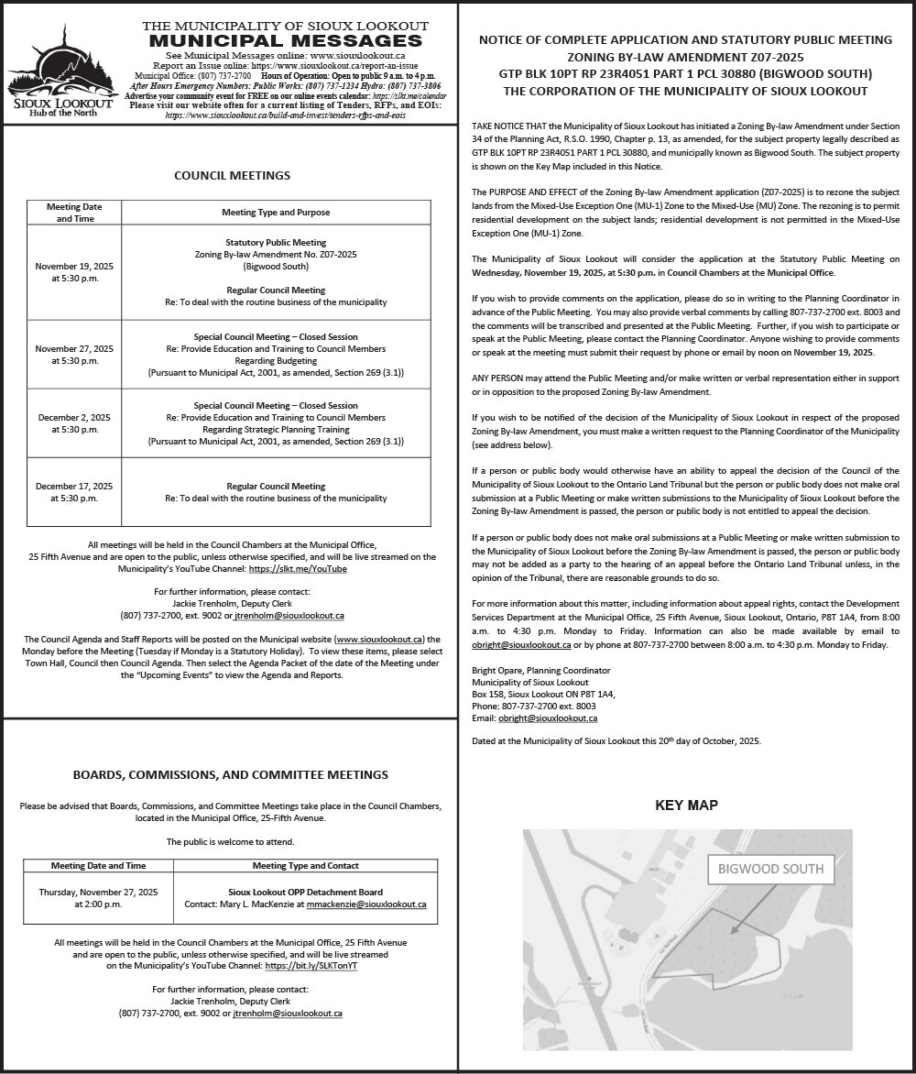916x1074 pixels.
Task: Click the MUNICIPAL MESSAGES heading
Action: click(285, 41)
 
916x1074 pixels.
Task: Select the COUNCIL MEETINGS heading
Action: click(232, 175)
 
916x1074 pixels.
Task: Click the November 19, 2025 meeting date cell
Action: click(75, 272)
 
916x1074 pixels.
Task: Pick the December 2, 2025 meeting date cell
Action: click(75, 423)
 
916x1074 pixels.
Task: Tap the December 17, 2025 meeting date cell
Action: click(75, 492)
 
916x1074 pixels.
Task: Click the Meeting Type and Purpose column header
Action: click(276, 212)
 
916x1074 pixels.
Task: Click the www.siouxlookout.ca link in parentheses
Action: click(378, 639)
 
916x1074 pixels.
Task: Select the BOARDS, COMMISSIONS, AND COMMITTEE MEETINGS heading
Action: click(230, 775)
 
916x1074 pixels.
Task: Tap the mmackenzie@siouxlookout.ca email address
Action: click(366, 904)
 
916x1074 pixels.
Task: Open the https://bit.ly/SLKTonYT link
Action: click(311, 966)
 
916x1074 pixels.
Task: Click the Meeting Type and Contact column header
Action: click(305, 865)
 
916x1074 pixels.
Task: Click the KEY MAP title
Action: click(686, 805)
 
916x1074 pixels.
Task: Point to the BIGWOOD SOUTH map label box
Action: click(770, 869)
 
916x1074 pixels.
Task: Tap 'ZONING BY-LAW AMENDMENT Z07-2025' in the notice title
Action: click(685, 57)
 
